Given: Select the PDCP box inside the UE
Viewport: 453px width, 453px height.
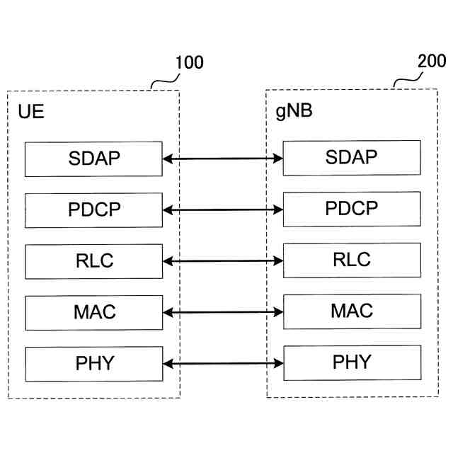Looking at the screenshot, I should click(94, 210).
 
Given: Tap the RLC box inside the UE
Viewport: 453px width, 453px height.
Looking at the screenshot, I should click(94, 261).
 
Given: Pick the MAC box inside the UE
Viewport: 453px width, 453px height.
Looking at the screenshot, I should click(94, 312).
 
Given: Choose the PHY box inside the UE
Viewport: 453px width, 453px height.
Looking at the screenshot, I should click(94, 364).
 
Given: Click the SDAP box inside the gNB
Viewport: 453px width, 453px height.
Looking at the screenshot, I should click(351, 157).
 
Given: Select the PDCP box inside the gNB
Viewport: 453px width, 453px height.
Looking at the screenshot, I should click(351, 209).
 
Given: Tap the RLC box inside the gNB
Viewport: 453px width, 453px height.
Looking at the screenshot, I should click(351, 260).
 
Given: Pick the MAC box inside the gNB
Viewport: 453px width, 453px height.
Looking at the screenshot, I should click(351, 311).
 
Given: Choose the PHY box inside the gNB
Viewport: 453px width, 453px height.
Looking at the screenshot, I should click(351, 362).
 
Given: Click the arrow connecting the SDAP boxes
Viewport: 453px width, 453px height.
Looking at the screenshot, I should click(223, 159).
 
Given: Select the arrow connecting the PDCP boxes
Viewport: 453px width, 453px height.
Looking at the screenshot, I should click(223, 210).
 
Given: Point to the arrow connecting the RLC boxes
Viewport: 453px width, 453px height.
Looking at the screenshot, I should click(223, 261).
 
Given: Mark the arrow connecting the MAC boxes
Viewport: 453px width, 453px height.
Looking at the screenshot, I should click(223, 312).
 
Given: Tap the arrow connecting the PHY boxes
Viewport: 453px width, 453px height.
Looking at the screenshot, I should click(223, 364).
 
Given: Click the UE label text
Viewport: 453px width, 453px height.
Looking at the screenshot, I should click(30, 112).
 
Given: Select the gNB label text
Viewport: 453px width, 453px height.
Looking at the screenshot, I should click(294, 112).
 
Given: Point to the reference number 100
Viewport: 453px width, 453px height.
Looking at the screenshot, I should click(188, 63).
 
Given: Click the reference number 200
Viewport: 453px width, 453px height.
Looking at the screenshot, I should click(432, 62).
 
